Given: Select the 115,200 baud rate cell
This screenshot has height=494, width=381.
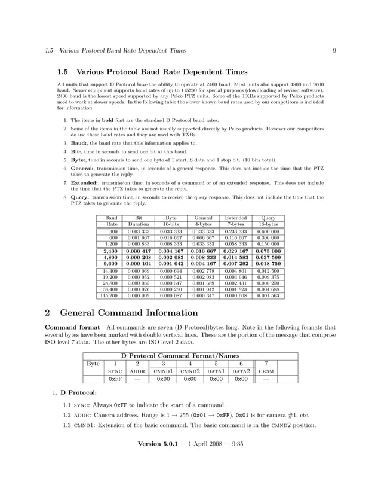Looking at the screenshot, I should pyautogui.click(x=109, y=295).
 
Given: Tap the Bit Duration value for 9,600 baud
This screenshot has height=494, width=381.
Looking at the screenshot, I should pyautogui.click(x=138, y=264).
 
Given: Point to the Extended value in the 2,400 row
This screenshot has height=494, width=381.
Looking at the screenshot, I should pyautogui.click(x=235, y=251).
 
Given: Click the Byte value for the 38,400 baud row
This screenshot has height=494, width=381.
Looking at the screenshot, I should pyautogui.click(x=171, y=289).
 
